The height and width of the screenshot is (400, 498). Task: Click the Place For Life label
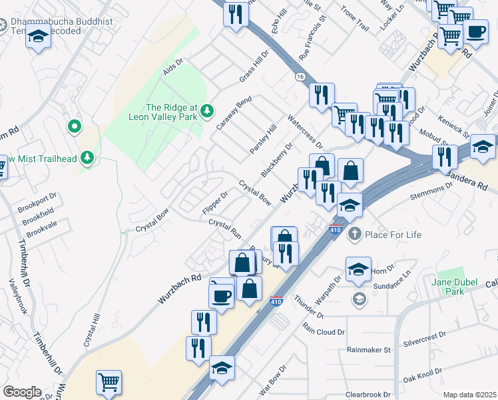pos(393,235)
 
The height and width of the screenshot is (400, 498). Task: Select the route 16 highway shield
pos(301,77)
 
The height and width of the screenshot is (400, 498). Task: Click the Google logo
pos(21,392)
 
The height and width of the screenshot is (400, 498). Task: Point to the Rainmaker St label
pos(368,349)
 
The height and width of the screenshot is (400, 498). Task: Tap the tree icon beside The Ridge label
pos(208,109)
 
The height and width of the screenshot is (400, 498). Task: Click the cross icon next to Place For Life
pos(354,234)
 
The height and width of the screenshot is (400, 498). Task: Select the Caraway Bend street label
pos(233,113)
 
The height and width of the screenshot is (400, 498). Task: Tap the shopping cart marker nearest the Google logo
pos(109,382)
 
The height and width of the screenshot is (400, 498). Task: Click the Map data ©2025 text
pos(469,395)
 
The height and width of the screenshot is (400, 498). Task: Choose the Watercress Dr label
pos(304,132)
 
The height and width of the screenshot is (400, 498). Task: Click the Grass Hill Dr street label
pos(254,67)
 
